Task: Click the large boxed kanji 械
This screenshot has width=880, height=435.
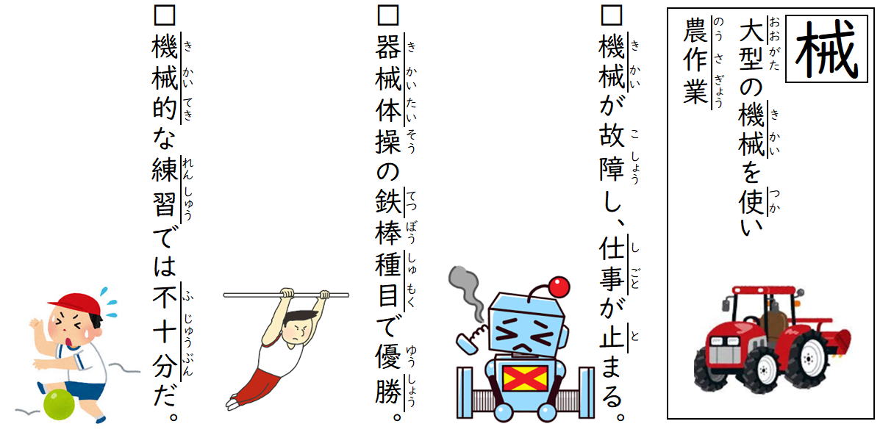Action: [826, 49]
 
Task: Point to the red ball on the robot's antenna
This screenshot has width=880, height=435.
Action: [559, 287]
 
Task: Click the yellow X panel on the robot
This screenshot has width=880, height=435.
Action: [526, 378]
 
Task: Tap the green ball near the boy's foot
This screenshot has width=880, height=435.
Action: [58, 404]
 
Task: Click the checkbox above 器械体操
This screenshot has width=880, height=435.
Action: [388, 15]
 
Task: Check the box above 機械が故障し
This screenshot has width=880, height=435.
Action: [611, 15]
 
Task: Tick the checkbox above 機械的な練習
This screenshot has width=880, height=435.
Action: [164, 15]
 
